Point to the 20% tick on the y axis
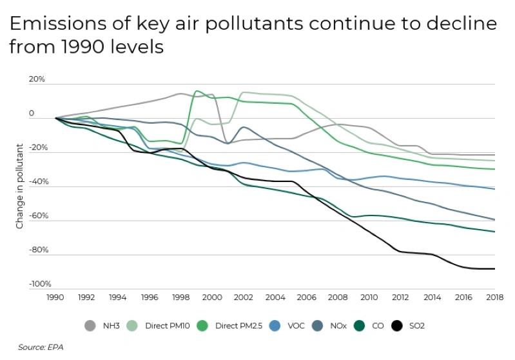(x=36, y=79)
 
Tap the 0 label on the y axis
(x=31, y=114)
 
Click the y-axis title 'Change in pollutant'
(x=20, y=186)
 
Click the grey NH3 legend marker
(x=90, y=326)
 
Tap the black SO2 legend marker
(x=397, y=326)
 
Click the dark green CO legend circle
(x=359, y=326)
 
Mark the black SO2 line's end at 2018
(x=494, y=268)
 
